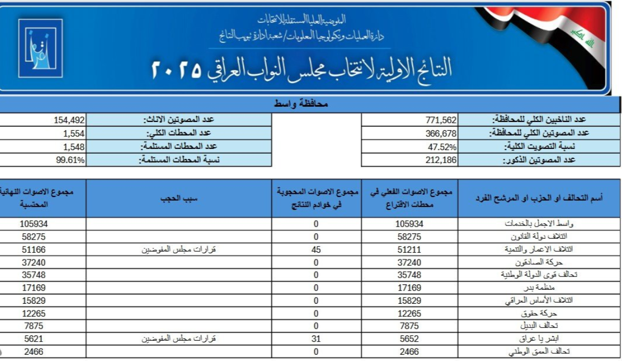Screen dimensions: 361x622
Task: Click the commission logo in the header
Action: click(40, 45)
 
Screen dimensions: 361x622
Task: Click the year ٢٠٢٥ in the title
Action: click(177, 70)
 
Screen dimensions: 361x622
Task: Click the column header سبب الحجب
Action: click(178, 198)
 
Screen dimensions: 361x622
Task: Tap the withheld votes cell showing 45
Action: click(316, 250)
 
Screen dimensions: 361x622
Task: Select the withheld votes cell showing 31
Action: click(316, 339)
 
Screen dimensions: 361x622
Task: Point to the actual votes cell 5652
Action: click(410, 339)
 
